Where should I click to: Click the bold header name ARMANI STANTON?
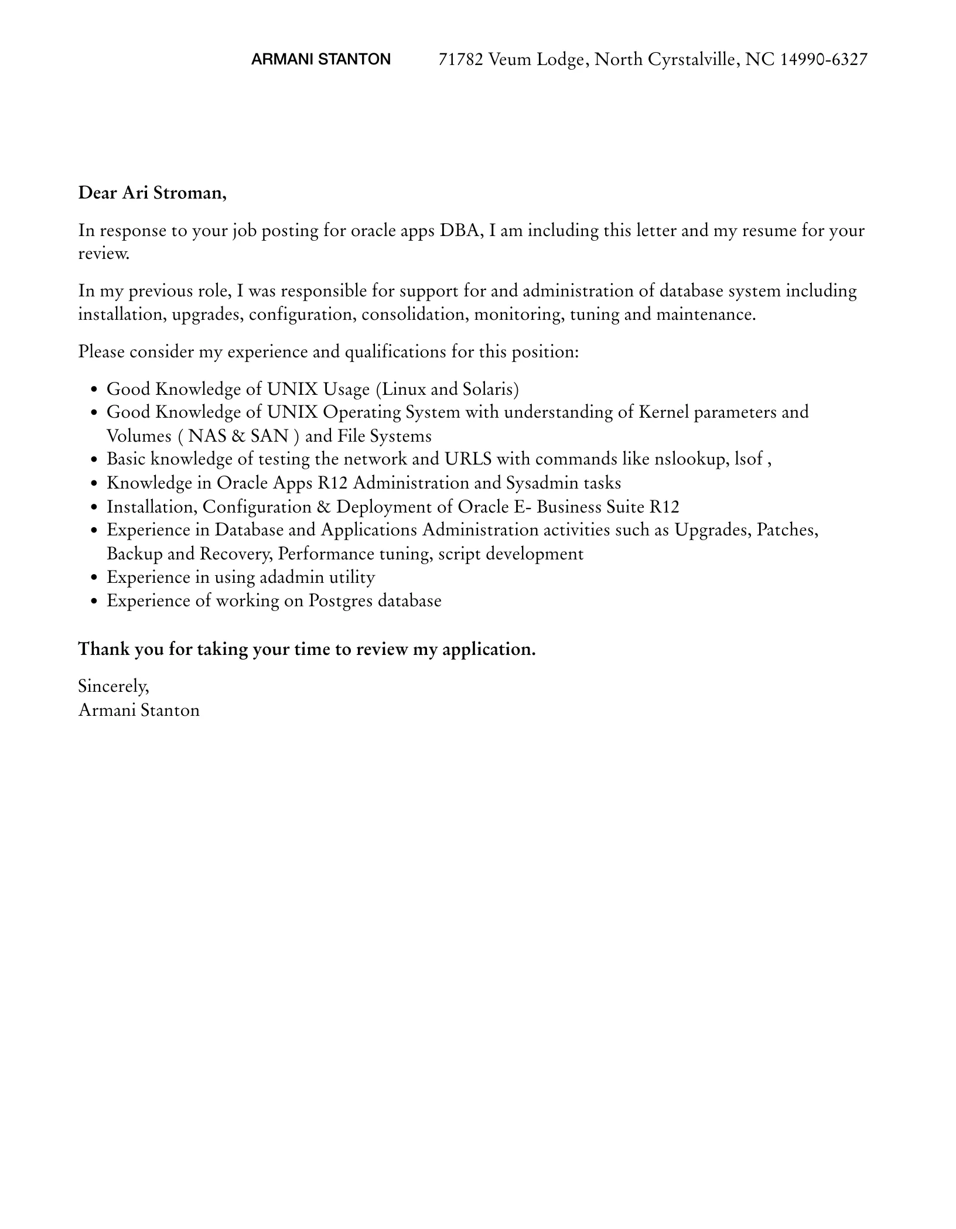pos(320,59)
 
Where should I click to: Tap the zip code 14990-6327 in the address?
pos(823,59)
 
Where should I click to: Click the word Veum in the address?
pos(508,59)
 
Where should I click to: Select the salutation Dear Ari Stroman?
pos(152,192)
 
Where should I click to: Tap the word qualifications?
pos(394,351)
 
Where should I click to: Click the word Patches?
pos(787,530)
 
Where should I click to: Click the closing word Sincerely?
pos(114,685)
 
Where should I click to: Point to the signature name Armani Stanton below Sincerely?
pos(139,710)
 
